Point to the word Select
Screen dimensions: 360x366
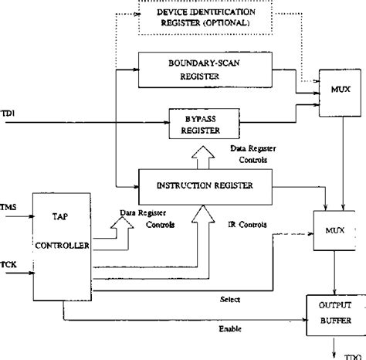[x=230, y=298]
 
